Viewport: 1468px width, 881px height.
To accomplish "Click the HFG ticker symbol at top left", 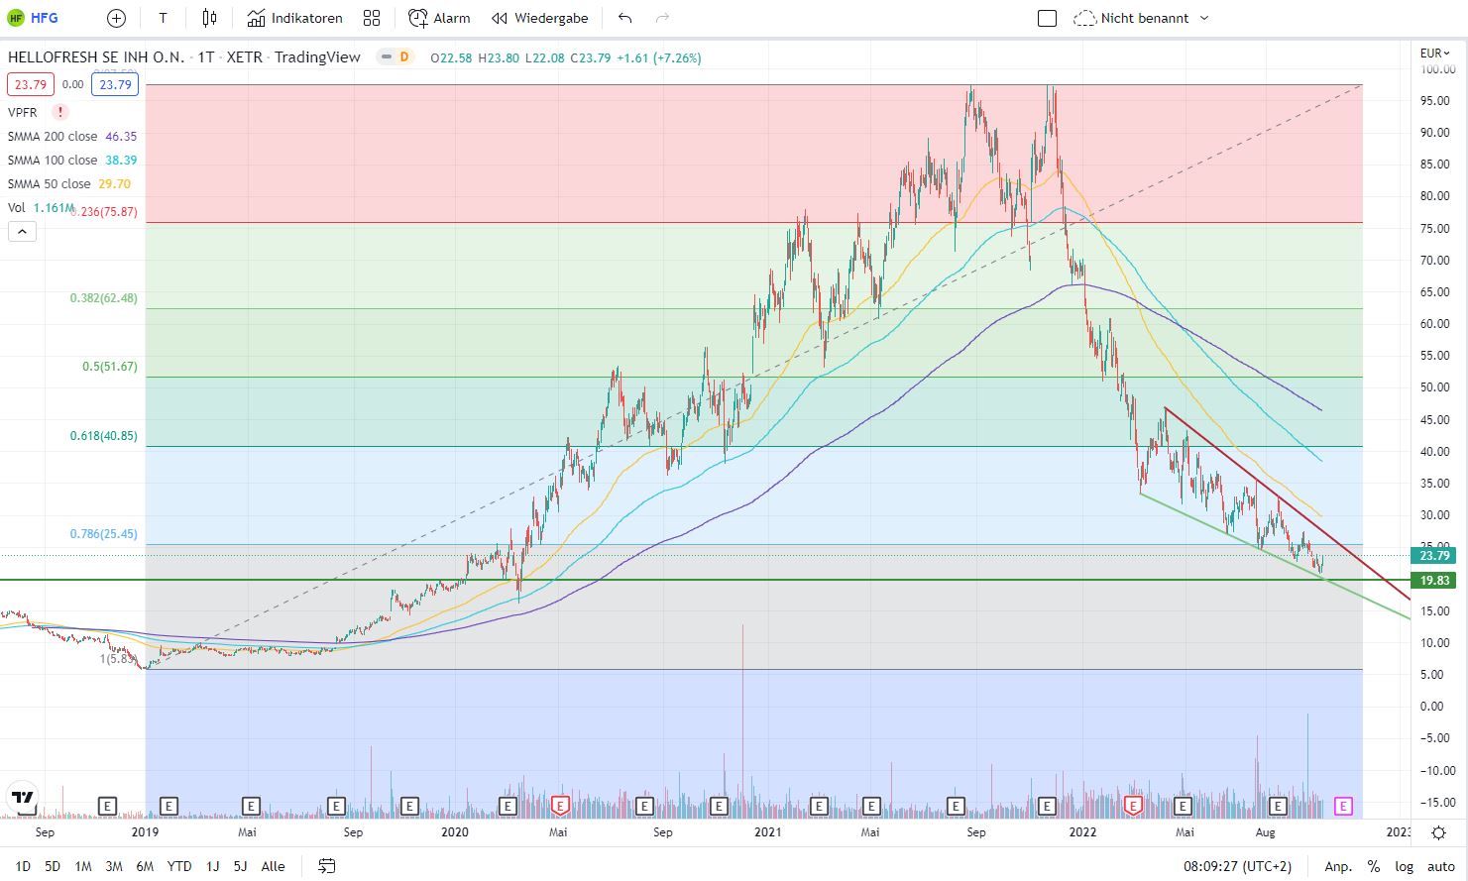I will click(x=44, y=18).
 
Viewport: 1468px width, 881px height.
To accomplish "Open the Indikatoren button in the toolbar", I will click(x=295, y=18).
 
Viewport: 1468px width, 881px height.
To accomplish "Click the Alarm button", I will click(x=440, y=18).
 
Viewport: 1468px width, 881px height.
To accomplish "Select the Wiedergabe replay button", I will click(x=540, y=18).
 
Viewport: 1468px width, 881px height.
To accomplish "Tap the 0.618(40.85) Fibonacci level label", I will click(x=103, y=436).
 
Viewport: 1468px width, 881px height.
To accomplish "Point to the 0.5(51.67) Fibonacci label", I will click(x=109, y=367).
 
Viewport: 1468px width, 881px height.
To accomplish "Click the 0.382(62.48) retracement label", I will click(x=103, y=298).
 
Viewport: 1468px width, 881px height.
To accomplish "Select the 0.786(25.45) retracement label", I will click(x=103, y=534).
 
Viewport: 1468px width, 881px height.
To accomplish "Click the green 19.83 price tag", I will click(x=1434, y=581).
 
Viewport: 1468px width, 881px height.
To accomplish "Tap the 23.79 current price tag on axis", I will click(x=1434, y=556).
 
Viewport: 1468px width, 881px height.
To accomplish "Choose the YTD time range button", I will click(x=179, y=866).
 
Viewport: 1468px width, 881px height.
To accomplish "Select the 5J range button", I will click(x=240, y=866).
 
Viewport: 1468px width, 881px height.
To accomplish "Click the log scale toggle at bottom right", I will click(x=1405, y=866).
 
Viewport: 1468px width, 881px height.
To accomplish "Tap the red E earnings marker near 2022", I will click(x=1133, y=806).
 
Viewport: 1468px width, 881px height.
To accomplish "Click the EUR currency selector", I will click(x=1434, y=54).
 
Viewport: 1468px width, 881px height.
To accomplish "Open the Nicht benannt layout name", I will click(x=1144, y=18).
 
